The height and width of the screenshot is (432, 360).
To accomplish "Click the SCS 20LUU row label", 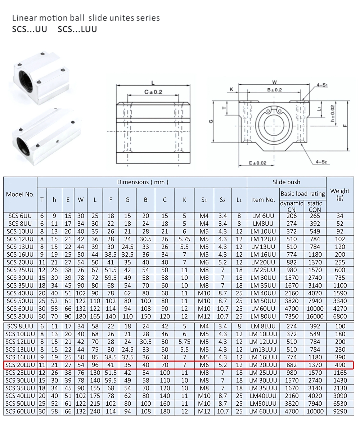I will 20,365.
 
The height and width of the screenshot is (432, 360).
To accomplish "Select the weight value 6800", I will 340,316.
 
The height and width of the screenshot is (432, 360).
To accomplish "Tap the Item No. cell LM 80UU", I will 263,316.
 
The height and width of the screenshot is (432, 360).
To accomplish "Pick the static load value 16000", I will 315,316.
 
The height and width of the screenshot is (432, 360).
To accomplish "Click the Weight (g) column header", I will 340,194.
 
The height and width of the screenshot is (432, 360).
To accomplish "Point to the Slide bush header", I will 286,182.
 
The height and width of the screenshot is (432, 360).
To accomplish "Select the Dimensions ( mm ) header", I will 143,182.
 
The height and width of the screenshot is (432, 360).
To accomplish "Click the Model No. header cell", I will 20,194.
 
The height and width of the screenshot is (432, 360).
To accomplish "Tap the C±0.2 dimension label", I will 153,92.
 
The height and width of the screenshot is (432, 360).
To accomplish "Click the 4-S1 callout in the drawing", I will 322,85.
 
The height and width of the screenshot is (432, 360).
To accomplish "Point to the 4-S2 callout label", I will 321,162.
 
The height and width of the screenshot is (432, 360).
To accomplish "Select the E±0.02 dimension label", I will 258,163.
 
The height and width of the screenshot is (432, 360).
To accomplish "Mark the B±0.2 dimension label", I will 274,90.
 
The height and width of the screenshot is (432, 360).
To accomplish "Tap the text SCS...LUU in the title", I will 77,29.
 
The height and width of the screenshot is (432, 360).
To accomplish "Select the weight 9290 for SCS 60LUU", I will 340,411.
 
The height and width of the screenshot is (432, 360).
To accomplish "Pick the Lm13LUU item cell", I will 263,350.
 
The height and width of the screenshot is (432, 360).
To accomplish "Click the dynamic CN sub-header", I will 291,206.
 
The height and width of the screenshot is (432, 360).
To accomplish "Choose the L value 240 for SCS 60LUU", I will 95,411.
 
